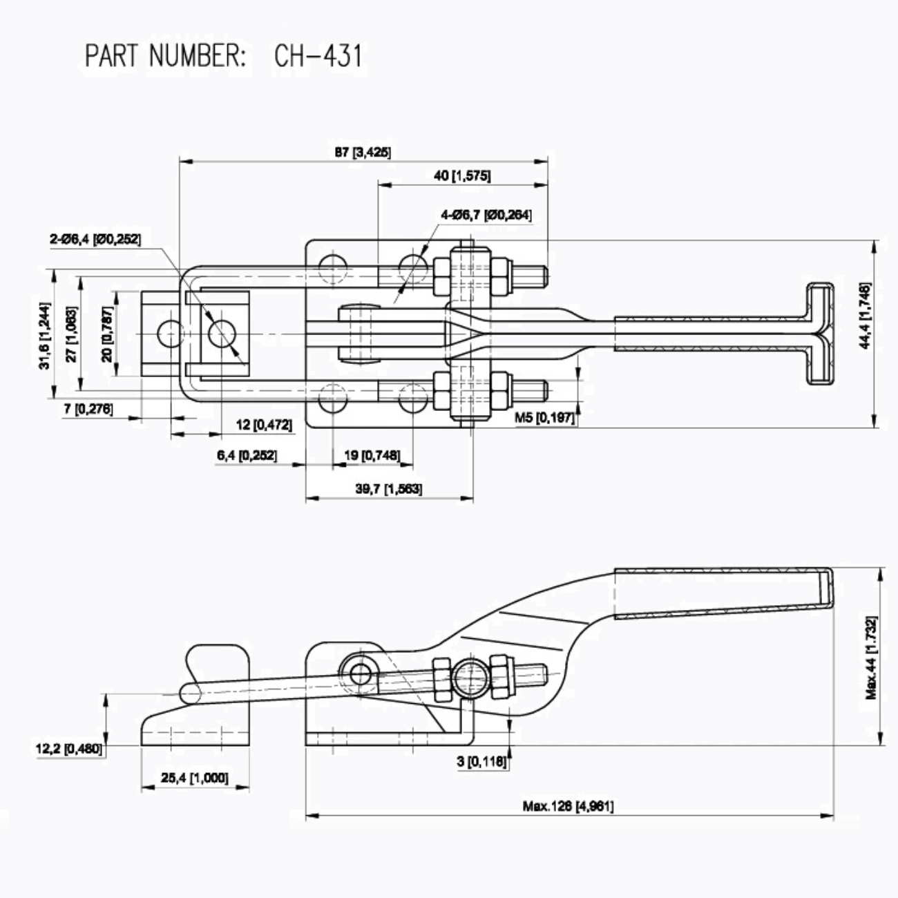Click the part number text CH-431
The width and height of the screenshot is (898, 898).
click(x=317, y=56)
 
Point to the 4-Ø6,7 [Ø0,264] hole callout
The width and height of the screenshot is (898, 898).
click(x=486, y=215)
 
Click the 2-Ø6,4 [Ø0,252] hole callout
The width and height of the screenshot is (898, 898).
click(x=95, y=239)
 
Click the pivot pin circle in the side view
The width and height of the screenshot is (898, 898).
click(x=359, y=672)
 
